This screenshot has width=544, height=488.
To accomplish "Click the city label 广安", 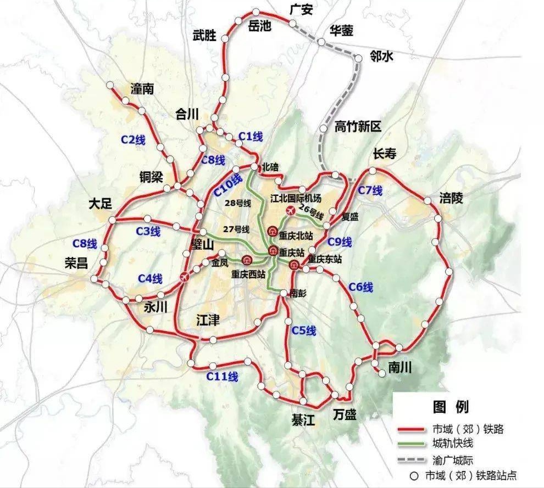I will (x=303, y=9).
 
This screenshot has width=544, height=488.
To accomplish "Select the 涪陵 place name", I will (x=451, y=198).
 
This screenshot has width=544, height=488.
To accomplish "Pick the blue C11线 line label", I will (x=222, y=377).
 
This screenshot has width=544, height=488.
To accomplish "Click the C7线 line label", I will (x=370, y=190).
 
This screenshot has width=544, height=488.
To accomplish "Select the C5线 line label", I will (x=304, y=330).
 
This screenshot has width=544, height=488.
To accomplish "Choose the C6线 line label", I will (x=360, y=287).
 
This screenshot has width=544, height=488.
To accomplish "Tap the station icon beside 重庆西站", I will (x=247, y=259).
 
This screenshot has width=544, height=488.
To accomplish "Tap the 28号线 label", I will (x=237, y=204).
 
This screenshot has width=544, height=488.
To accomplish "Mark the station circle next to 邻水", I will (x=359, y=57).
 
